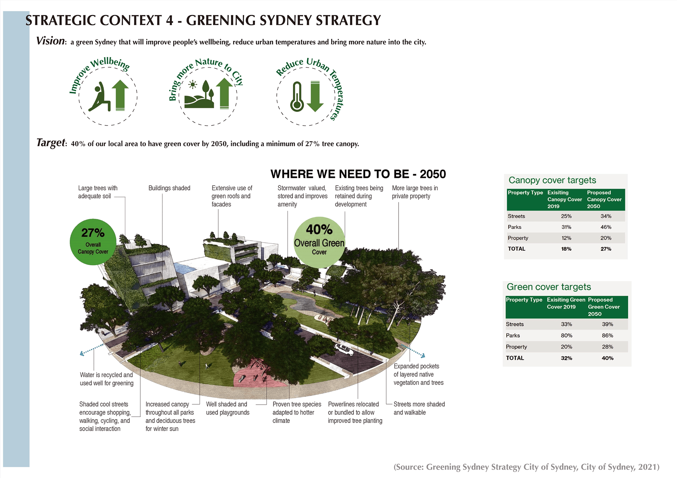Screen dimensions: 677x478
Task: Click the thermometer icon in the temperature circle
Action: (x=297, y=97)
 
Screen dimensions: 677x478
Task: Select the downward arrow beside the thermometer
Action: (x=315, y=96)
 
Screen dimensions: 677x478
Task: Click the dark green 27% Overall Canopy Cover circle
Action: (x=93, y=242)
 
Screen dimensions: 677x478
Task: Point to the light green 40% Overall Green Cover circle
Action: (x=319, y=242)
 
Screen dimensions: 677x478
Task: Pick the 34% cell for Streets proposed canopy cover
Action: (x=606, y=216)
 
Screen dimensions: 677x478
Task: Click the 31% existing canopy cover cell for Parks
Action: (x=566, y=227)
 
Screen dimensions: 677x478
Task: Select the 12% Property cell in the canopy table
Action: (x=566, y=238)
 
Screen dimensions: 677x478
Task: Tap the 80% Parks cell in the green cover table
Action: (x=567, y=336)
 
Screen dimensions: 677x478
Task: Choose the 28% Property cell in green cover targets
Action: (x=608, y=347)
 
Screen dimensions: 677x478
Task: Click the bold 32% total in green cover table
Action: (x=567, y=358)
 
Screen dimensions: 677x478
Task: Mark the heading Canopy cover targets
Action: (x=552, y=180)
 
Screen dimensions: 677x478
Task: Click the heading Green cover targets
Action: (x=549, y=287)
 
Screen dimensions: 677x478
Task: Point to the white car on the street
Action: (x=344, y=349)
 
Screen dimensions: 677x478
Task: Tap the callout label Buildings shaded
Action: (x=169, y=188)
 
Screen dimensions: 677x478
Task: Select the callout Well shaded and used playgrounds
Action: (x=227, y=408)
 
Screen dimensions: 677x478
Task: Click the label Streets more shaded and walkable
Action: (x=419, y=408)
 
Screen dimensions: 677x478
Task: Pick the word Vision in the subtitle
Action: (x=50, y=41)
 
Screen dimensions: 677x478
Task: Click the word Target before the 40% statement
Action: (x=51, y=142)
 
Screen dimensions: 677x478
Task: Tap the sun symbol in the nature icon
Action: (x=193, y=85)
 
